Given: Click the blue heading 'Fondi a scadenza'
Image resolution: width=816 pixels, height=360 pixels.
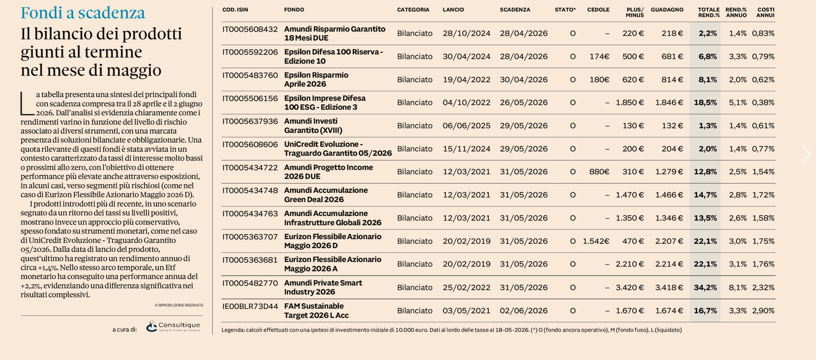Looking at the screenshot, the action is (x=83, y=12).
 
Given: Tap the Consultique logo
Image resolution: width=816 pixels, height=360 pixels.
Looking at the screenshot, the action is (x=173, y=326).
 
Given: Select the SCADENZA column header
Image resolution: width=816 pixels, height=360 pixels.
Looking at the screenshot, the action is (x=515, y=10).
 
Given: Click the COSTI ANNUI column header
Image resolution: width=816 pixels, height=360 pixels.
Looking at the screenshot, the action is (x=766, y=12).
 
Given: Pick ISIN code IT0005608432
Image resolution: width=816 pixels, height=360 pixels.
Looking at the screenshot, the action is (x=250, y=29).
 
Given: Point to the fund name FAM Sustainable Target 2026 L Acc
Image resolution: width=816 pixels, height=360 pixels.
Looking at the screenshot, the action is (x=316, y=311).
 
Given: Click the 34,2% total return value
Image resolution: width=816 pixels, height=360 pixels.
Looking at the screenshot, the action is (x=705, y=287).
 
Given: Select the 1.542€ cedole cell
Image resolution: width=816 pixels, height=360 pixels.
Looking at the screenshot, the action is (x=596, y=241).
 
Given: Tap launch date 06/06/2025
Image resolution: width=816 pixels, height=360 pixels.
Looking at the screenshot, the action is (x=467, y=126).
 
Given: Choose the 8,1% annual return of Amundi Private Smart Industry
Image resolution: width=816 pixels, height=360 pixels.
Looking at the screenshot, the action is (x=738, y=287).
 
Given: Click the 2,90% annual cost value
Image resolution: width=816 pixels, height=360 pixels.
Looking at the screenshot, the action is (x=763, y=311).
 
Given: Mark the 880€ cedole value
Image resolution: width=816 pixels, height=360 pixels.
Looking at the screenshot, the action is (x=599, y=172).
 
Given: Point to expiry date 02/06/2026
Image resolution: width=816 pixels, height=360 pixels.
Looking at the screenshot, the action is (x=523, y=311).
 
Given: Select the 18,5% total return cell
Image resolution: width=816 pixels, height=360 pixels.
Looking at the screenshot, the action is (x=705, y=103).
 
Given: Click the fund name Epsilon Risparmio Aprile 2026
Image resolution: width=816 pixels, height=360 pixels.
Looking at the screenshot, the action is (x=316, y=79).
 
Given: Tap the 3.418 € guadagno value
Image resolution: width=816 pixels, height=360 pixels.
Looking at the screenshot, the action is (x=669, y=287).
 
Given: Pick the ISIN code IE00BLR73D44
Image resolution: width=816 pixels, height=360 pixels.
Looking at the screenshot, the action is (x=250, y=307).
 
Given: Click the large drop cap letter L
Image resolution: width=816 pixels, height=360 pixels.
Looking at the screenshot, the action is (x=27, y=104).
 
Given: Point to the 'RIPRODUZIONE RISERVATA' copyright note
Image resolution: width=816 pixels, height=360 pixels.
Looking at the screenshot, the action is (x=179, y=306).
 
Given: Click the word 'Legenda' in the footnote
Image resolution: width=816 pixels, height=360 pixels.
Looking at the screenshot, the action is (x=233, y=330).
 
